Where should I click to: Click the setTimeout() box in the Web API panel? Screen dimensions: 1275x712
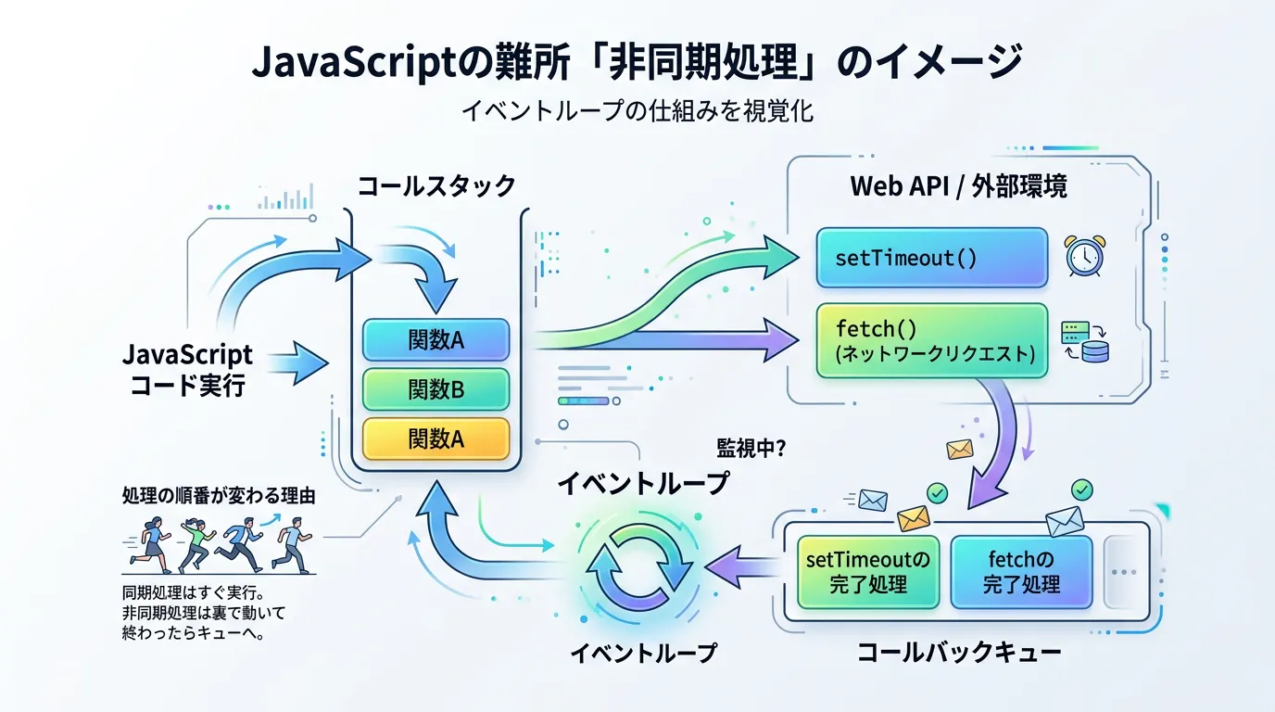932,258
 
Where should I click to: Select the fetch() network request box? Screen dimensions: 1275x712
932,340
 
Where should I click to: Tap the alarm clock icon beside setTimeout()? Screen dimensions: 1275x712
1085,256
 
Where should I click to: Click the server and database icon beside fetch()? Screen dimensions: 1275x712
1085,342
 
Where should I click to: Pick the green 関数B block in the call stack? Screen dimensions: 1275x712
436,389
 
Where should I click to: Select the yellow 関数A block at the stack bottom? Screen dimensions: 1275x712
436,439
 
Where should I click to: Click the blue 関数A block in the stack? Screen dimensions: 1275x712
436,340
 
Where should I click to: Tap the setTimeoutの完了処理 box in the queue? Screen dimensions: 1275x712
868,572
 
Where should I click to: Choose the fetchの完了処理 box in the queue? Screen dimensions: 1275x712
1021,572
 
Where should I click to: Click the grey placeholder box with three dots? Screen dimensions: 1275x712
1123,572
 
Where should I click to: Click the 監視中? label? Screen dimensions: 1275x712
751,449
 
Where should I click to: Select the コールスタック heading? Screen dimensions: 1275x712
436,186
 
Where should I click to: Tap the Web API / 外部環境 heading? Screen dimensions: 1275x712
958,186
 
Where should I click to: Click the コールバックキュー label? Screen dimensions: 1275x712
959,653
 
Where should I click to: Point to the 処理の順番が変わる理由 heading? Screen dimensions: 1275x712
219,496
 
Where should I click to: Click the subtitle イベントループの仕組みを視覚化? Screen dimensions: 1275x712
637,111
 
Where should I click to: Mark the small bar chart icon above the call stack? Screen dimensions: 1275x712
285,197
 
